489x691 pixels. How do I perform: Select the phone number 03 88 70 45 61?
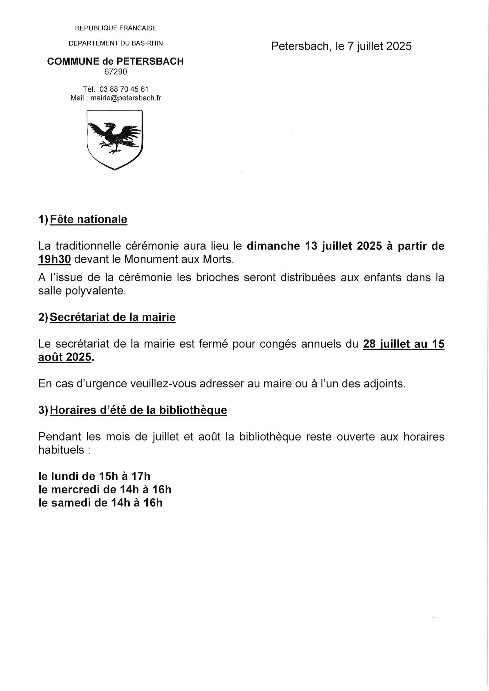pyautogui.click(x=124, y=89)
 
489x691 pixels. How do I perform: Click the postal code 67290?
pyautogui.click(x=116, y=72)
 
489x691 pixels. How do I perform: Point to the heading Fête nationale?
pyautogui.click(x=88, y=219)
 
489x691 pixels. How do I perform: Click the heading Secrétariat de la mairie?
pyautogui.click(x=112, y=317)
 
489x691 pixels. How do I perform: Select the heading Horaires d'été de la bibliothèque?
pyautogui.click(x=138, y=410)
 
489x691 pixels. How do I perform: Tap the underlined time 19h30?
pyautogui.click(x=55, y=259)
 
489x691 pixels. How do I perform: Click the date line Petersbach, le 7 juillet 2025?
pyautogui.click(x=341, y=46)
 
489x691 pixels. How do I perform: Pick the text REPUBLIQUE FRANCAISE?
pyautogui.click(x=116, y=28)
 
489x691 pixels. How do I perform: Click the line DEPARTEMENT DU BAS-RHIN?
pyautogui.click(x=116, y=43)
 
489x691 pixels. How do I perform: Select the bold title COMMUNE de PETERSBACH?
pyautogui.click(x=116, y=61)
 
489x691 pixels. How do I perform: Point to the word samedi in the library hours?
pyautogui.click(x=72, y=503)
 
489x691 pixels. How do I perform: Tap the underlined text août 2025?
pyautogui.click(x=65, y=357)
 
